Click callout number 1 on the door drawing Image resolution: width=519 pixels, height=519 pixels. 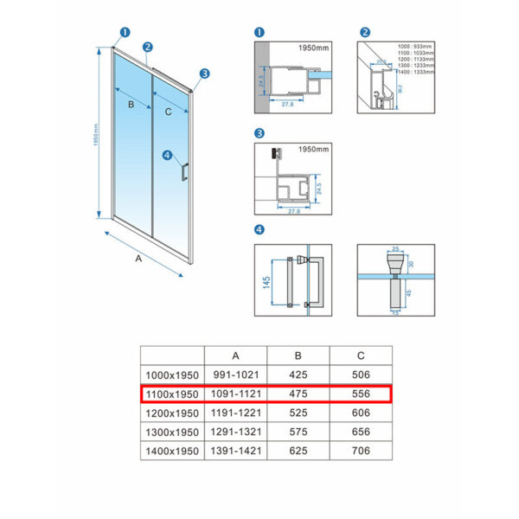(124, 33)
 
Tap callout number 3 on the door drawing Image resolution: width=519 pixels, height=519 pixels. (205, 74)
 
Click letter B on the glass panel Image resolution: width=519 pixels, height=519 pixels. (131, 105)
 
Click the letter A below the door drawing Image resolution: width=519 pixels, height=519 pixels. (139, 257)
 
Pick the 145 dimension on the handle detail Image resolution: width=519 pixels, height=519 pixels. (267, 282)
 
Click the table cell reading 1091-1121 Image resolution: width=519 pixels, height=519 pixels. (235, 394)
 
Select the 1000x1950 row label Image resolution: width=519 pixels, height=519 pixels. (171, 375)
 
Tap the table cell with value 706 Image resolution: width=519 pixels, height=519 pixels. (360, 451)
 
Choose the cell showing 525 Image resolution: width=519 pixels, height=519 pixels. (298, 413)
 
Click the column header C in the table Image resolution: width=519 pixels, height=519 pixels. (360, 355)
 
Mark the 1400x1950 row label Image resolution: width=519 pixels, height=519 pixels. (171, 451)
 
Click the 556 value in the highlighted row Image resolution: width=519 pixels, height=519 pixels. (360, 394)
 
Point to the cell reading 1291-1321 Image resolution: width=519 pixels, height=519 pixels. (235, 432)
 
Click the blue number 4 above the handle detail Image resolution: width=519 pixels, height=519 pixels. (259, 229)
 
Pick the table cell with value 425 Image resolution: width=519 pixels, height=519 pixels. (298, 375)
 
